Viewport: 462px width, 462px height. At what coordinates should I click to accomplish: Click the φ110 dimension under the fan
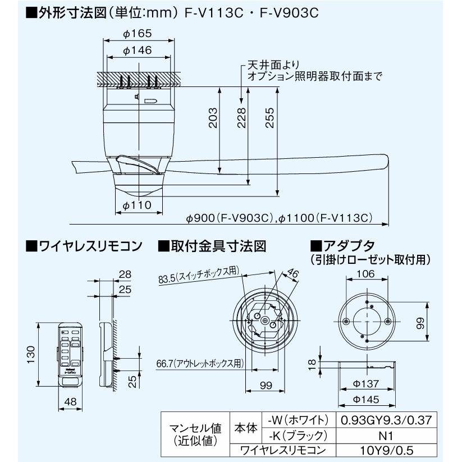(136, 205)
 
